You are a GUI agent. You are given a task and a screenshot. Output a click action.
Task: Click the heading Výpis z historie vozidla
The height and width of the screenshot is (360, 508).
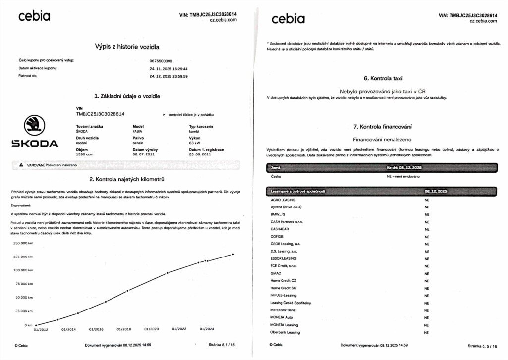coord(127,47)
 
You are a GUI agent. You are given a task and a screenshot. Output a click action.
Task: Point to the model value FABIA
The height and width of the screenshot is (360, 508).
coord(138,132)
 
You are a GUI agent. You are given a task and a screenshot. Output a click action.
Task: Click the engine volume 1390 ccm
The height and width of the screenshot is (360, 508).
coord(85,154)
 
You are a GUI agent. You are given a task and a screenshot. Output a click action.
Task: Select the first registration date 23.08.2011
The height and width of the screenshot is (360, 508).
coord(200,154)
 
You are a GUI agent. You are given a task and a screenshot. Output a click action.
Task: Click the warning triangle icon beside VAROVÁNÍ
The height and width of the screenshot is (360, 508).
coord(21,164)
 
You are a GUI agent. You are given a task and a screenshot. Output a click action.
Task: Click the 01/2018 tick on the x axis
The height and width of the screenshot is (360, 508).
coord(124,329)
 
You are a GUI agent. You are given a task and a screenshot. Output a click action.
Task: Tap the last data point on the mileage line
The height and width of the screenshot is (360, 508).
coord(233,254)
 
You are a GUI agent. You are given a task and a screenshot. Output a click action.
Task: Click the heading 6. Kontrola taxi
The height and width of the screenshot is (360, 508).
coord(383,78)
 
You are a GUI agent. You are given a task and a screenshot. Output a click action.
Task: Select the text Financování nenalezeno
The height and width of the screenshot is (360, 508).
coord(383,140)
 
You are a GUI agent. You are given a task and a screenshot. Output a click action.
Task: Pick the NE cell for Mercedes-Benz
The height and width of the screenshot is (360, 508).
coord(427,310)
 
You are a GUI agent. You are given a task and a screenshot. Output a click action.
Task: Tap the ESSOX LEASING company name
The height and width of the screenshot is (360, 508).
coord(283,258)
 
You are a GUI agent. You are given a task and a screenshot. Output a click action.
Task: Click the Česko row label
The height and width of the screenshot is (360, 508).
coord(276,176)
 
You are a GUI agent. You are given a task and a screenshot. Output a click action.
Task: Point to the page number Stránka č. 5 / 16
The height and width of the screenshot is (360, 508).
coord(481,346)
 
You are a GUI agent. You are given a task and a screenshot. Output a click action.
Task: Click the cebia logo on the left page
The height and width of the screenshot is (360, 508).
coord(34,16)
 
